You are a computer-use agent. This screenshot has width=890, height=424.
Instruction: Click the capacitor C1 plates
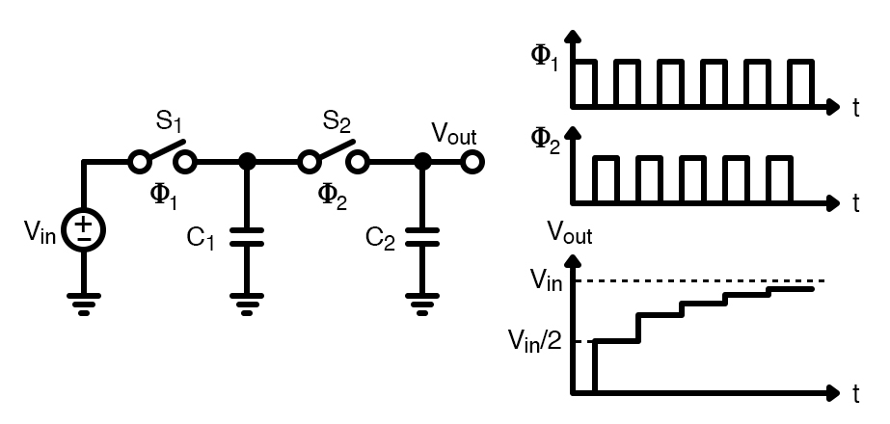tap(247, 238)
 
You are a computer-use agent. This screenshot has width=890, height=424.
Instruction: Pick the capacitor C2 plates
tap(420, 238)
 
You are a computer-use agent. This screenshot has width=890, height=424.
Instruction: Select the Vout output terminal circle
tap(472, 161)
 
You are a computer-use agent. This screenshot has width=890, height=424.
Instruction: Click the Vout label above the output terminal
tap(453, 133)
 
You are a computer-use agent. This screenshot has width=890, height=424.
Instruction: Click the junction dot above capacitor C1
tap(247, 161)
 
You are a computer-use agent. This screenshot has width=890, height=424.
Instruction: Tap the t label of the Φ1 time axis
tap(855, 109)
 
